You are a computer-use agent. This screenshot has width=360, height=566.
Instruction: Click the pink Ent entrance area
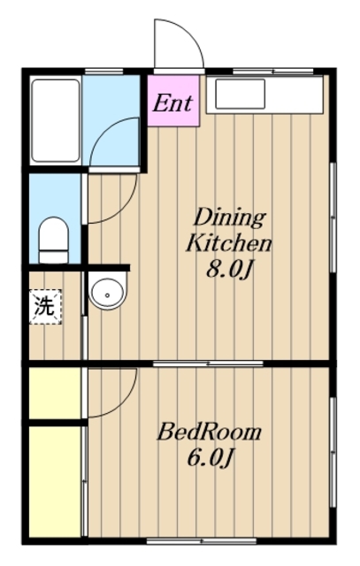173,101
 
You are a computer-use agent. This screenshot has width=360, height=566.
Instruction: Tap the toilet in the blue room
53,240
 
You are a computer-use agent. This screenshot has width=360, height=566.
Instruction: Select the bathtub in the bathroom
56,120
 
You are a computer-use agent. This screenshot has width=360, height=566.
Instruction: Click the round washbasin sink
108,291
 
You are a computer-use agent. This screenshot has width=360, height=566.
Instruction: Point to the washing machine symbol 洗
45,307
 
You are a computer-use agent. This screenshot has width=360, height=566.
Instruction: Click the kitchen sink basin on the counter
241,95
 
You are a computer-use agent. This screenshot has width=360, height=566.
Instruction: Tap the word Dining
230,218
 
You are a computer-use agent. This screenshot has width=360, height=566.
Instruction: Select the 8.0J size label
228,269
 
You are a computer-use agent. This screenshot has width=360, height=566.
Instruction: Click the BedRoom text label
209,432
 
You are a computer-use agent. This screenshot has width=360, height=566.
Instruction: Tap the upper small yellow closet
55,393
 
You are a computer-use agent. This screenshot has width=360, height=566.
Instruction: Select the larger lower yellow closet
55,482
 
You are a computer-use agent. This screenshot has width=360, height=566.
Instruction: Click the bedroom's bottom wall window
202,540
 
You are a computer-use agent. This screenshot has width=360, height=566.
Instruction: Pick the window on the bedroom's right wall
333,452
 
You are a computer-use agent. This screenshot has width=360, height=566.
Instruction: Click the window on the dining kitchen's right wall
333,218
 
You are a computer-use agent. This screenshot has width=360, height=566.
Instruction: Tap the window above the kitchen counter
273,71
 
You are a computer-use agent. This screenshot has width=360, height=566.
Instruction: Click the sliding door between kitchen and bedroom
208,363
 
